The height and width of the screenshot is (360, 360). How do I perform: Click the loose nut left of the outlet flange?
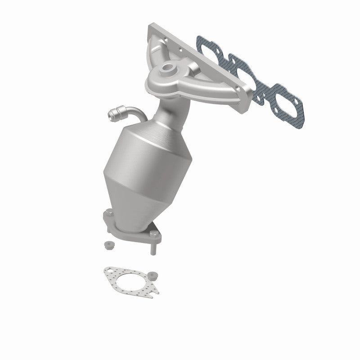pos(108,246)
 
